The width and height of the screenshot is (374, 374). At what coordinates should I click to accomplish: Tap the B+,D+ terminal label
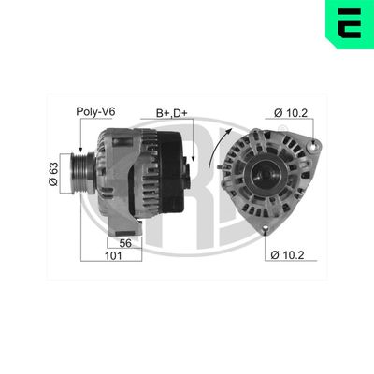click(x=174, y=111)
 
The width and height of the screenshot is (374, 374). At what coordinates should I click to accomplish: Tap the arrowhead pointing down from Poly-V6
click(x=81, y=149)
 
